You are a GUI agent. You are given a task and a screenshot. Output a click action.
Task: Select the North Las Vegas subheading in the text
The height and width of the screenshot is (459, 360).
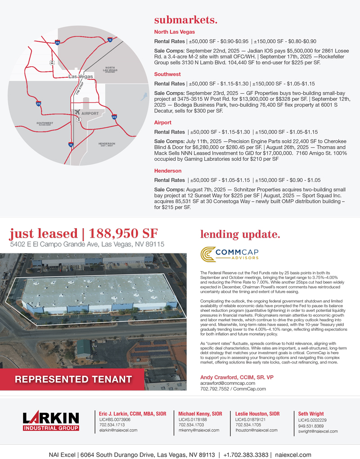175,32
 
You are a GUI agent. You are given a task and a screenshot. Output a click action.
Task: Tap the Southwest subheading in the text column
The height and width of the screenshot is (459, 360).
167,74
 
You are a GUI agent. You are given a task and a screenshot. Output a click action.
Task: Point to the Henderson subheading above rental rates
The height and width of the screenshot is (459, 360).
168,171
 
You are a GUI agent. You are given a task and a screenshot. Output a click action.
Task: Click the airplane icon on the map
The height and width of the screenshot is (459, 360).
77,112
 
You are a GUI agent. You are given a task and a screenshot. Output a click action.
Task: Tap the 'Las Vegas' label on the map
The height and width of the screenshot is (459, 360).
81,76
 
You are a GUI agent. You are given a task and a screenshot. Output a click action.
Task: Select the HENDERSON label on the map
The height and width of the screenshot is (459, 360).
107,144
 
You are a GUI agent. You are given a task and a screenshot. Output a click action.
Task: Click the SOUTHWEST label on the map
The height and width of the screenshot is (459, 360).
45,123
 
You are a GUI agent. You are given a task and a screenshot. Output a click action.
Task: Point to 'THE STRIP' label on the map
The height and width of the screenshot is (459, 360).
78,88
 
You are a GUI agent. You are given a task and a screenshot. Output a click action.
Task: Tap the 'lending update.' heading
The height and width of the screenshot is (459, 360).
240,234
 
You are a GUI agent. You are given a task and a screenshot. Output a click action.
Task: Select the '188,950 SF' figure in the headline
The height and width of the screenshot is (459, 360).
123,234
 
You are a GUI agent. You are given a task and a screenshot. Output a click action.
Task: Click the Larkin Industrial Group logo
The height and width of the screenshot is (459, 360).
51,421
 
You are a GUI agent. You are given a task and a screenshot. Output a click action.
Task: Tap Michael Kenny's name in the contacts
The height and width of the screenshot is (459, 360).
200,414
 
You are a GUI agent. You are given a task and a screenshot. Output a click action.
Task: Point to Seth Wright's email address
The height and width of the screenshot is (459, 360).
318,431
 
